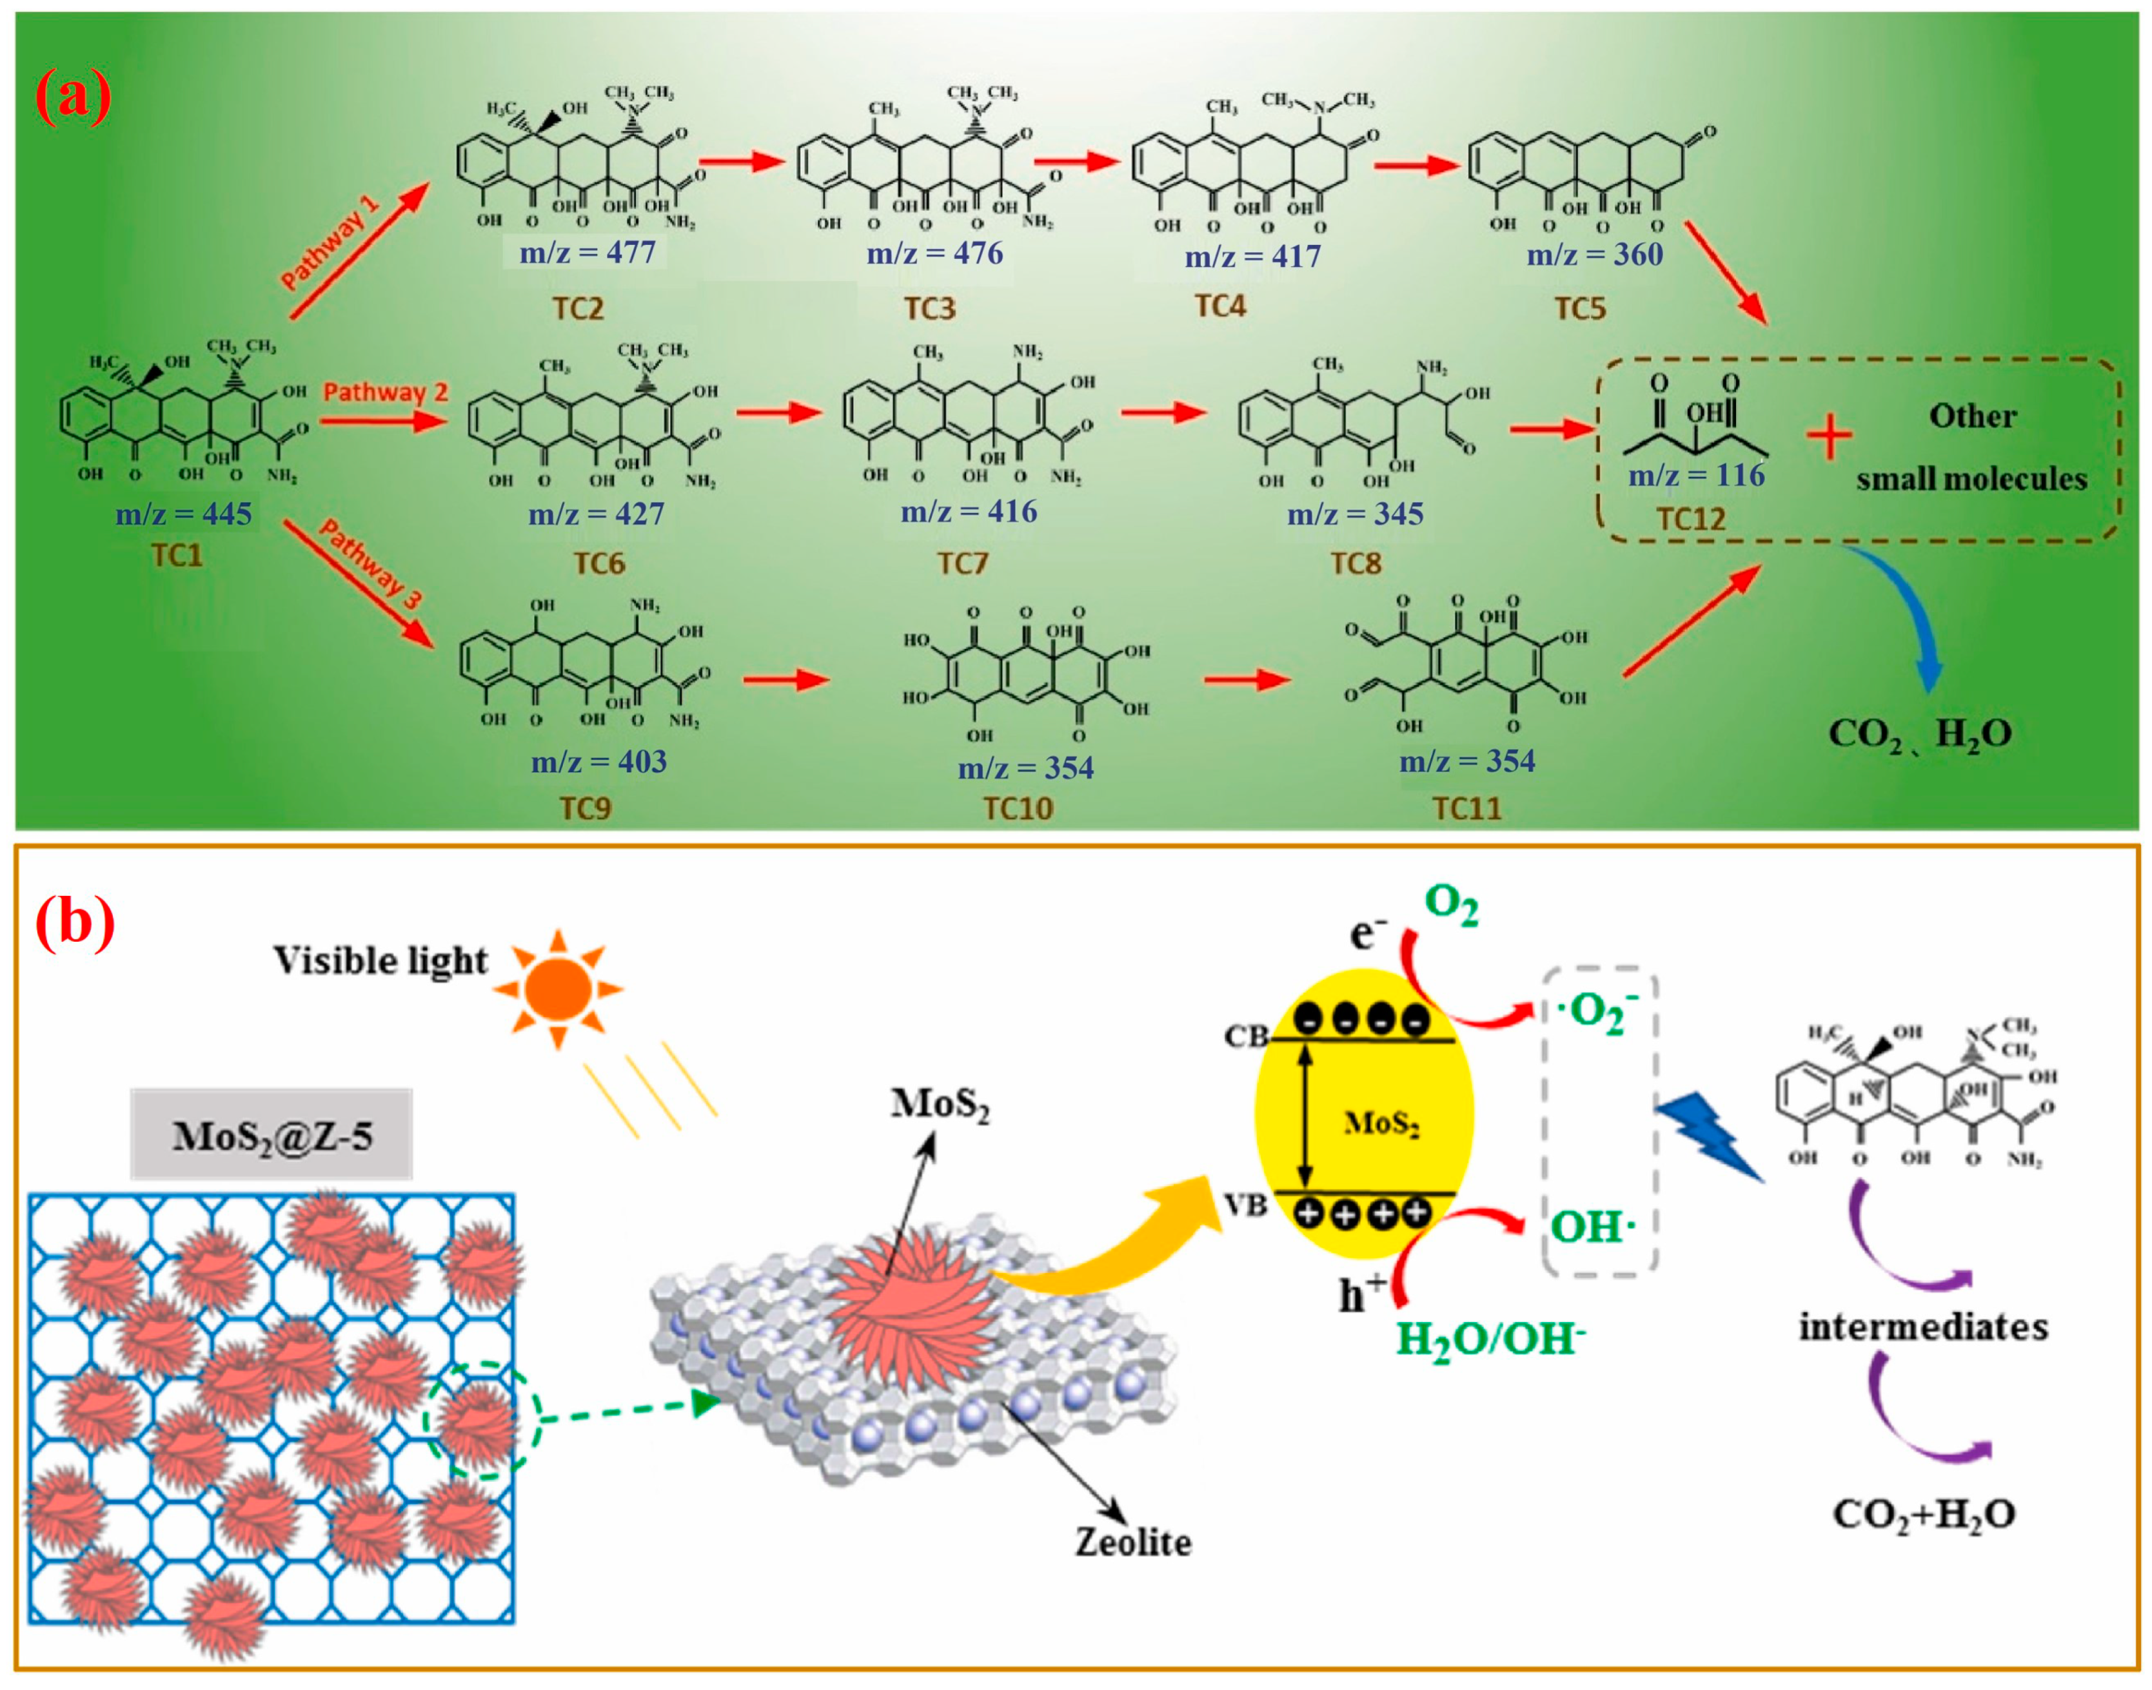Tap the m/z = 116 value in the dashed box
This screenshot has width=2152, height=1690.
pyautogui.click(x=1697, y=475)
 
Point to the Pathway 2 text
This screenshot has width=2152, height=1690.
pyautogui.click(x=385, y=392)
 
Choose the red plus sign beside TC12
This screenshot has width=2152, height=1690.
pyautogui.click(x=1830, y=438)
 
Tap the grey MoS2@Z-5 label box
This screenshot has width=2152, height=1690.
pyautogui.click(x=271, y=1135)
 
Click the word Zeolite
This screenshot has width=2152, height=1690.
pyautogui.click(x=1134, y=1542)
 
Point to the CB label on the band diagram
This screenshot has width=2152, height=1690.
pyautogui.click(x=1247, y=1036)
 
